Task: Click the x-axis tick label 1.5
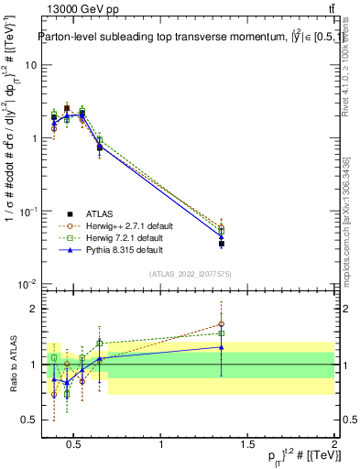pos(248,445)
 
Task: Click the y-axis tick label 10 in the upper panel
pos(31,66)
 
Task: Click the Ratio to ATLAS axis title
pos(11,364)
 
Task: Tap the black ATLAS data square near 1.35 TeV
pos(222,244)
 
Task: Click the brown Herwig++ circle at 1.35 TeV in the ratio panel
pos(222,323)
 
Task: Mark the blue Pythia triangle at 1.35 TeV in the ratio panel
pos(222,347)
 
